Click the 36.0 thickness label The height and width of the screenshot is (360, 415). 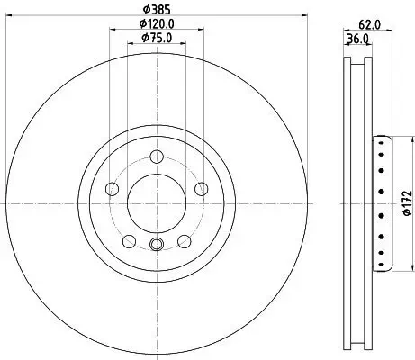pos(358,40)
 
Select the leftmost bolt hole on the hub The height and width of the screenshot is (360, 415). pos(112,188)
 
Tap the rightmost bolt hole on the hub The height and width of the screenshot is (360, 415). pos(202,188)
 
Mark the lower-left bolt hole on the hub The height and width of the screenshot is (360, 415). pos(129,240)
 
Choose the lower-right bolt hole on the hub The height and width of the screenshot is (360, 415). pos(185,240)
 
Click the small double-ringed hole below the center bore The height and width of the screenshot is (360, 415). pos(157,244)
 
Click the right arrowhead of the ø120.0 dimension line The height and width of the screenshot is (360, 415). pos(200,29)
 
